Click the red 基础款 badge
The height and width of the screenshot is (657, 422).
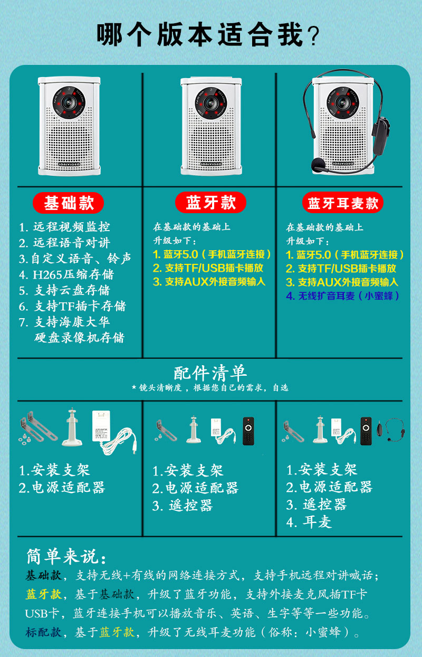pos(69,203)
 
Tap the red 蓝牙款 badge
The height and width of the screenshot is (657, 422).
pos(210,203)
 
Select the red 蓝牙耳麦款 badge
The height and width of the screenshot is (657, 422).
pos(343,203)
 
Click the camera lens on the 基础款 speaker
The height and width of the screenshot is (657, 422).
pos(69,102)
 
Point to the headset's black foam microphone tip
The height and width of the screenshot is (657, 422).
pos(317,165)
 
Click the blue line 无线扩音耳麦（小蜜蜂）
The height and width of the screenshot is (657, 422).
pos(342,296)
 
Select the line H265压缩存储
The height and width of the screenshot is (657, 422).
pos(66,274)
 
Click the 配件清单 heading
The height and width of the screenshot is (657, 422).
pos(210,373)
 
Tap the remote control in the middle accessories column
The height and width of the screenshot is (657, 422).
pos(248,431)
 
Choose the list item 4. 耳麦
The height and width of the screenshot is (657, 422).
pos(309,522)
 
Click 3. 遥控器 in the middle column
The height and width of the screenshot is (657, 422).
pos(183,506)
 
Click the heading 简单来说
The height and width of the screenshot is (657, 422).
pos(66,556)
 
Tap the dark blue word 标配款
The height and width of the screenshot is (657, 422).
pos(43,632)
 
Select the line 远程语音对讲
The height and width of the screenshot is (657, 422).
pos(64,243)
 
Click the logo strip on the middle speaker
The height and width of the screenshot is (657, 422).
pos(211,164)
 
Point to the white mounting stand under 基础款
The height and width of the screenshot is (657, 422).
pos(72,427)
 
